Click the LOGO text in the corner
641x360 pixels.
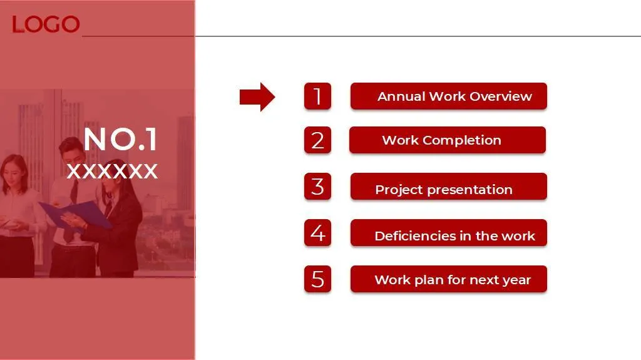click(x=45, y=24)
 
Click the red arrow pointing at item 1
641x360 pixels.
click(x=257, y=97)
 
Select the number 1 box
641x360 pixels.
click(x=317, y=96)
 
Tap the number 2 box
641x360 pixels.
click(x=317, y=140)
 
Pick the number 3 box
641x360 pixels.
click(x=317, y=187)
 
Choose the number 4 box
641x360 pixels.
click(x=317, y=233)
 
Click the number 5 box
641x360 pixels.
click(x=317, y=279)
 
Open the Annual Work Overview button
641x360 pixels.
click(x=448, y=96)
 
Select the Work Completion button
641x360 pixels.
click(x=447, y=140)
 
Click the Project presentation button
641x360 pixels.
click(x=448, y=187)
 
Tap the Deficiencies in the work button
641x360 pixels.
click(x=448, y=233)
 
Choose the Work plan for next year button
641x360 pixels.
click(x=448, y=279)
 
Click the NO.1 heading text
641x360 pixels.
click(x=121, y=139)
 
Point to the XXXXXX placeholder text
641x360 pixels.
click(x=113, y=171)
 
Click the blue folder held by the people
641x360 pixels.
click(x=76, y=215)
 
